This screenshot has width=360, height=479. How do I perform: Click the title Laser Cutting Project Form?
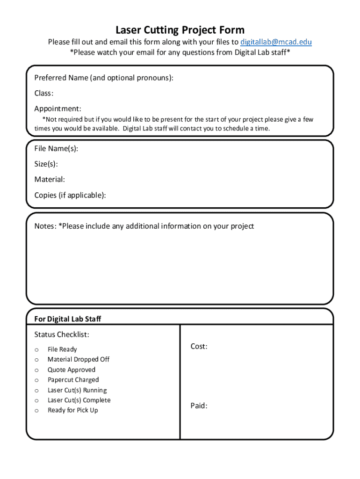tap(180, 30)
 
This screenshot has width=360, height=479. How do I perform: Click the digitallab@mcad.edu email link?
tap(276, 42)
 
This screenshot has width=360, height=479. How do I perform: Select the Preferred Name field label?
tap(104, 78)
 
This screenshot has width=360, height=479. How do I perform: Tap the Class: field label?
tap(43, 93)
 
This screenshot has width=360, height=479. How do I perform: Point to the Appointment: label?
tap(58, 109)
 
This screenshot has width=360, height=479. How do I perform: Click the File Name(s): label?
tap(56, 149)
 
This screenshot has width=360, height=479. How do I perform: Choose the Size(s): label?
tap(46, 164)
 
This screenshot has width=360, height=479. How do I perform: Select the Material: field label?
tap(50, 180)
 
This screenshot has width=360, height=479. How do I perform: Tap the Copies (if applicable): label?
tap(70, 195)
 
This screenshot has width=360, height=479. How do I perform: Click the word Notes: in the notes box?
tap(45, 226)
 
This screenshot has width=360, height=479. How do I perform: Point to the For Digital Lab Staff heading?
tap(68, 319)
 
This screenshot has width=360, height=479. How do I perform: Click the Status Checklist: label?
tap(62, 334)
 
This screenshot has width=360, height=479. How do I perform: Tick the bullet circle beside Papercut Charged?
tap(36, 380)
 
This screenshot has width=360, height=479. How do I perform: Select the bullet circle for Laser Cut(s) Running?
tap(36, 391)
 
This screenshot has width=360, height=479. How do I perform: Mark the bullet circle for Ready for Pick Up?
tap(36, 411)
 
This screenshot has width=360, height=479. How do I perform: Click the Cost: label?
tap(199, 346)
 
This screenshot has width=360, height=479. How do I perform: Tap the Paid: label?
tap(199, 406)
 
